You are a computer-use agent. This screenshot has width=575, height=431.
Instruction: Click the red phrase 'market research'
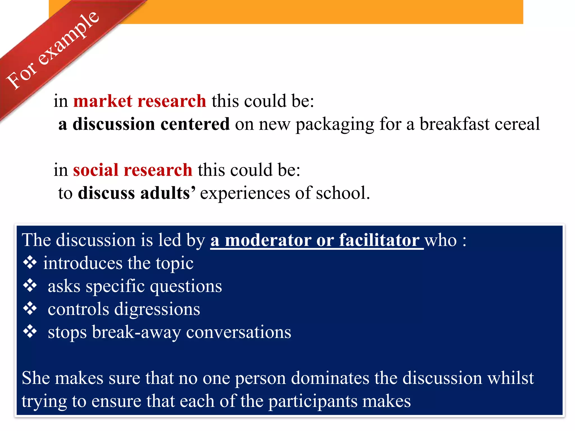[140, 101]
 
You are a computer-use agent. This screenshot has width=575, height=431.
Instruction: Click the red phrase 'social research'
[133, 170]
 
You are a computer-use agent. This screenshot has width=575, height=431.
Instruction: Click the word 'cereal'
[517, 124]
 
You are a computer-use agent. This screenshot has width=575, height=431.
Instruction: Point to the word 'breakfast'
[454, 124]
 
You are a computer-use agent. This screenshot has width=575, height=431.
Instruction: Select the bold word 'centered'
[195, 124]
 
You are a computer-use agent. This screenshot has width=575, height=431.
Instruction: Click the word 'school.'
[343, 193]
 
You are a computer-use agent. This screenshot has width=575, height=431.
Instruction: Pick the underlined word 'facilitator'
[379, 240]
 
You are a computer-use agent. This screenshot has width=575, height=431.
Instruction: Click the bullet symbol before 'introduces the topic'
[30, 263]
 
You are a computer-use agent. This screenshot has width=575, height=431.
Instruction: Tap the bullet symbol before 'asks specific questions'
[30, 286]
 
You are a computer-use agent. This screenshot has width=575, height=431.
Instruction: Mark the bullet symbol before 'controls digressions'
[30, 309]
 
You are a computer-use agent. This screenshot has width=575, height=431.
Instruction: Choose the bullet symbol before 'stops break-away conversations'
[30, 332]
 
